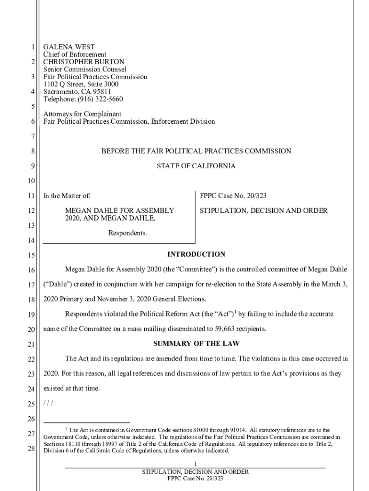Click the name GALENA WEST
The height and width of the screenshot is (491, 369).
point(69,47)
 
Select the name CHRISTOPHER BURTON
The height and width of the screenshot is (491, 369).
point(84,62)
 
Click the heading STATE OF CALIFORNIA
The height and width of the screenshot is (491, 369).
point(196,166)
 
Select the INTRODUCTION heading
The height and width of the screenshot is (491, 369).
point(196,254)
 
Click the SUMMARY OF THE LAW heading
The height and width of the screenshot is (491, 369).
point(196,343)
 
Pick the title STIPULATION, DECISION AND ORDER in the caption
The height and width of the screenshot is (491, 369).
point(264,210)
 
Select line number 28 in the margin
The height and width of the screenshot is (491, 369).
point(31,449)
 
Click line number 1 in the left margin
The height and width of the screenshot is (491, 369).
point(33,47)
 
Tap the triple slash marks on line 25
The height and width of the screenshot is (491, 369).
point(48,403)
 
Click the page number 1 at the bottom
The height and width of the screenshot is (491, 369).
point(196,463)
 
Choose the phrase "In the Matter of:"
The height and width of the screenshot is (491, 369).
point(67,196)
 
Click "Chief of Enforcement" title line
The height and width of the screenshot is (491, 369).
point(75,55)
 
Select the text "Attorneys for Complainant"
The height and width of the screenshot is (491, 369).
point(82,114)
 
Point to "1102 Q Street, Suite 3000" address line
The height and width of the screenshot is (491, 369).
point(81,84)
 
